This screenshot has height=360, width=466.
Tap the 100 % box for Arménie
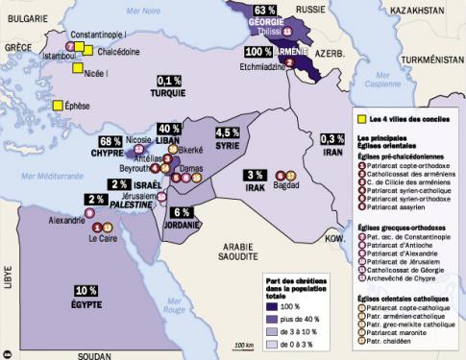pyautogui.click(x=258, y=50)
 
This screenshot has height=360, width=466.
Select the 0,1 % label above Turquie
pyautogui.click(x=170, y=81)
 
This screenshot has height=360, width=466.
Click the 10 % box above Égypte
pyautogui.click(x=86, y=291)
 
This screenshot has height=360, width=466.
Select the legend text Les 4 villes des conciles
pyautogui.click(x=406, y=119)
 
